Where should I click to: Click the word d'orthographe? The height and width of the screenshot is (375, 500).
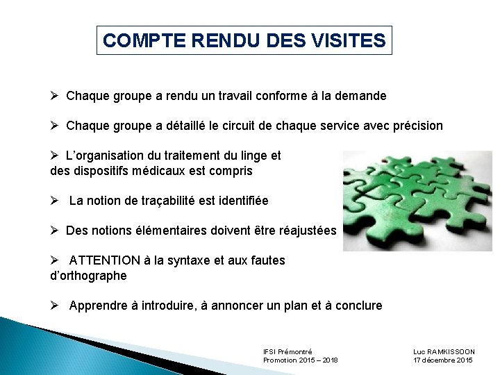click(89, 275)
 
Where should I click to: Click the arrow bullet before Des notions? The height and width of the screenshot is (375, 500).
click(56, 231)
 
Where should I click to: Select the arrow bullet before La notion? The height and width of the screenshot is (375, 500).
click(56, 201)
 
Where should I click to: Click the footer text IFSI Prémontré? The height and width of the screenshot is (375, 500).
click(287, 351)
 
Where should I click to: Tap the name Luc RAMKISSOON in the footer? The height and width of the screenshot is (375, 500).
click(444, 351)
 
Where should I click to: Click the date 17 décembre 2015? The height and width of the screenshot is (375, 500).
click(443, 360)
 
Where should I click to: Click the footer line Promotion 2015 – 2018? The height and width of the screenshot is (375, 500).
click(300, 360)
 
